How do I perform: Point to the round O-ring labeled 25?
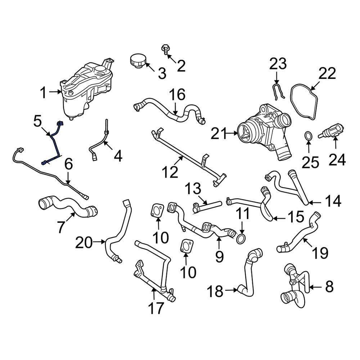(x=308, y=136)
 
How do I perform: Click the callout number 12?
(x=169, y=172)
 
